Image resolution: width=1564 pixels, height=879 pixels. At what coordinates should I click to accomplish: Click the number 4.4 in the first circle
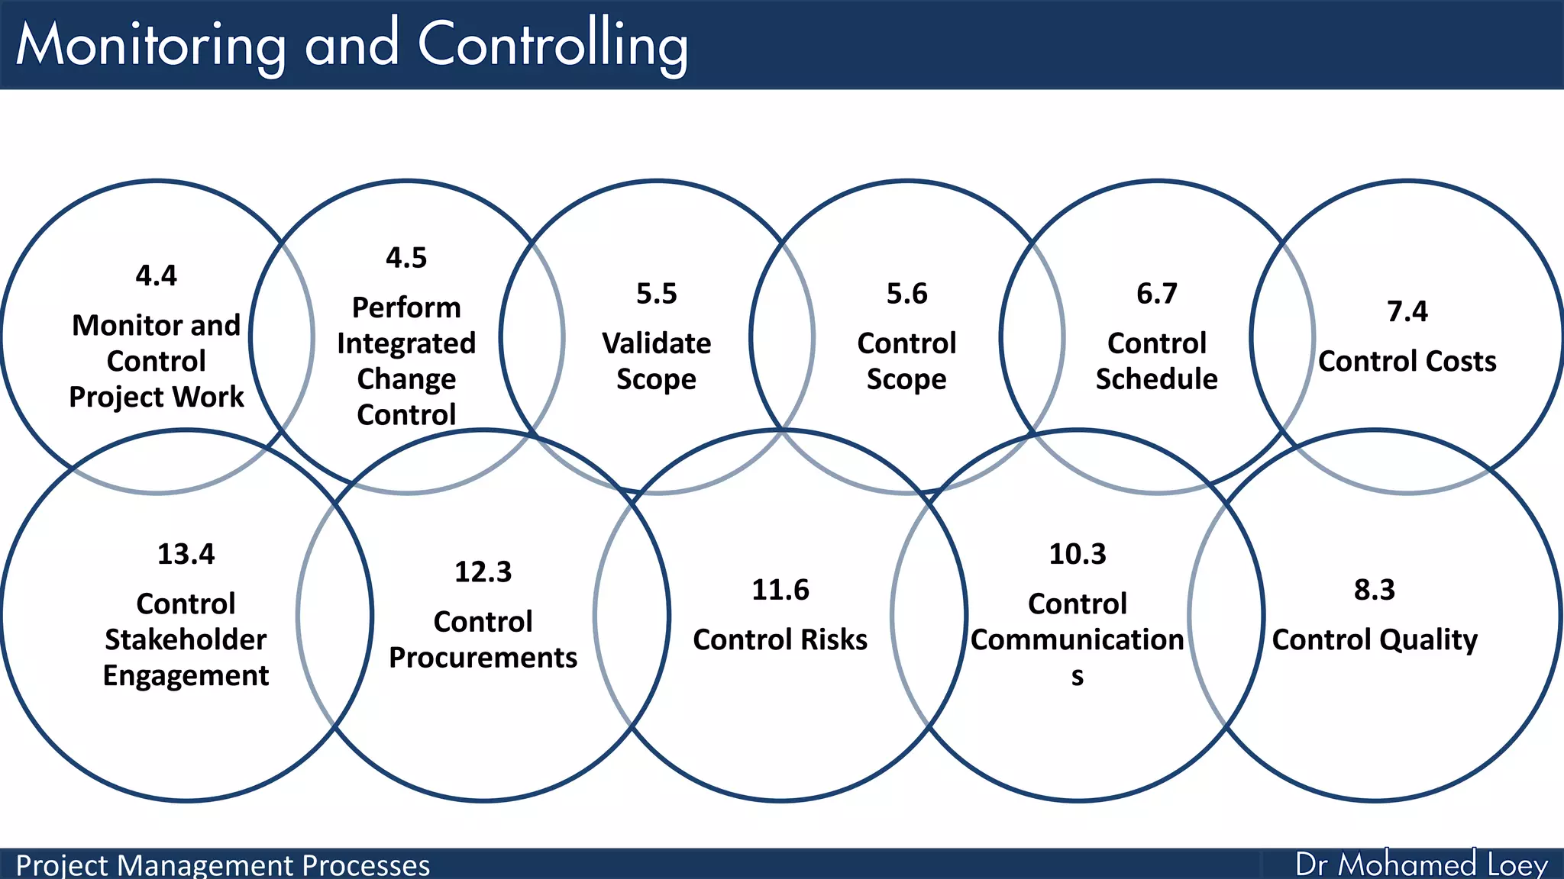point(156,275)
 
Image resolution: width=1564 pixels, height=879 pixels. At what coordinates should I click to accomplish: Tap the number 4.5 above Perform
point(406,258)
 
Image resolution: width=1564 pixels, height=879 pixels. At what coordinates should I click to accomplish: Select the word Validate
point(656,343)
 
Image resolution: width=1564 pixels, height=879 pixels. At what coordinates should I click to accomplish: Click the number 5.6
point(906,294)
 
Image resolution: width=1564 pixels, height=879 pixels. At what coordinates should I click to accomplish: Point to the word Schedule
point(1156,379)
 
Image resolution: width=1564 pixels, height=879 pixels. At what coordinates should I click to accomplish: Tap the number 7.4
point(1407,311)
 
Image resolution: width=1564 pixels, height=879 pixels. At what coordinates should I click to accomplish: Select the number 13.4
point(186,554)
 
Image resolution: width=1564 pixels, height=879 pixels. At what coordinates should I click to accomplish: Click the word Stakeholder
point(186,639)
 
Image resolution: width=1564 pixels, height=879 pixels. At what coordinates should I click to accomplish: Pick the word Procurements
point(483,658)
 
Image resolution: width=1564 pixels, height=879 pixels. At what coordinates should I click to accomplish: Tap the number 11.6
point(780,590)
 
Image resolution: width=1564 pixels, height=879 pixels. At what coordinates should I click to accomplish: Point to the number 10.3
point(1077,554)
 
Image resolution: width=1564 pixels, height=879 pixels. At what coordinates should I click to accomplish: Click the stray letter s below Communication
point(1077,677)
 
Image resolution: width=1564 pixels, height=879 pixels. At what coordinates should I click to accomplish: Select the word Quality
point(1428,639)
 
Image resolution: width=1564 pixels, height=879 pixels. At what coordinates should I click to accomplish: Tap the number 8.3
point(1374,590)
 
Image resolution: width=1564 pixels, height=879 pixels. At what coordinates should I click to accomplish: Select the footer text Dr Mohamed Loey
point(1420,865)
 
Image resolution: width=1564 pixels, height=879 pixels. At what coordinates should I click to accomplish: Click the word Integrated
point(406,343)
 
